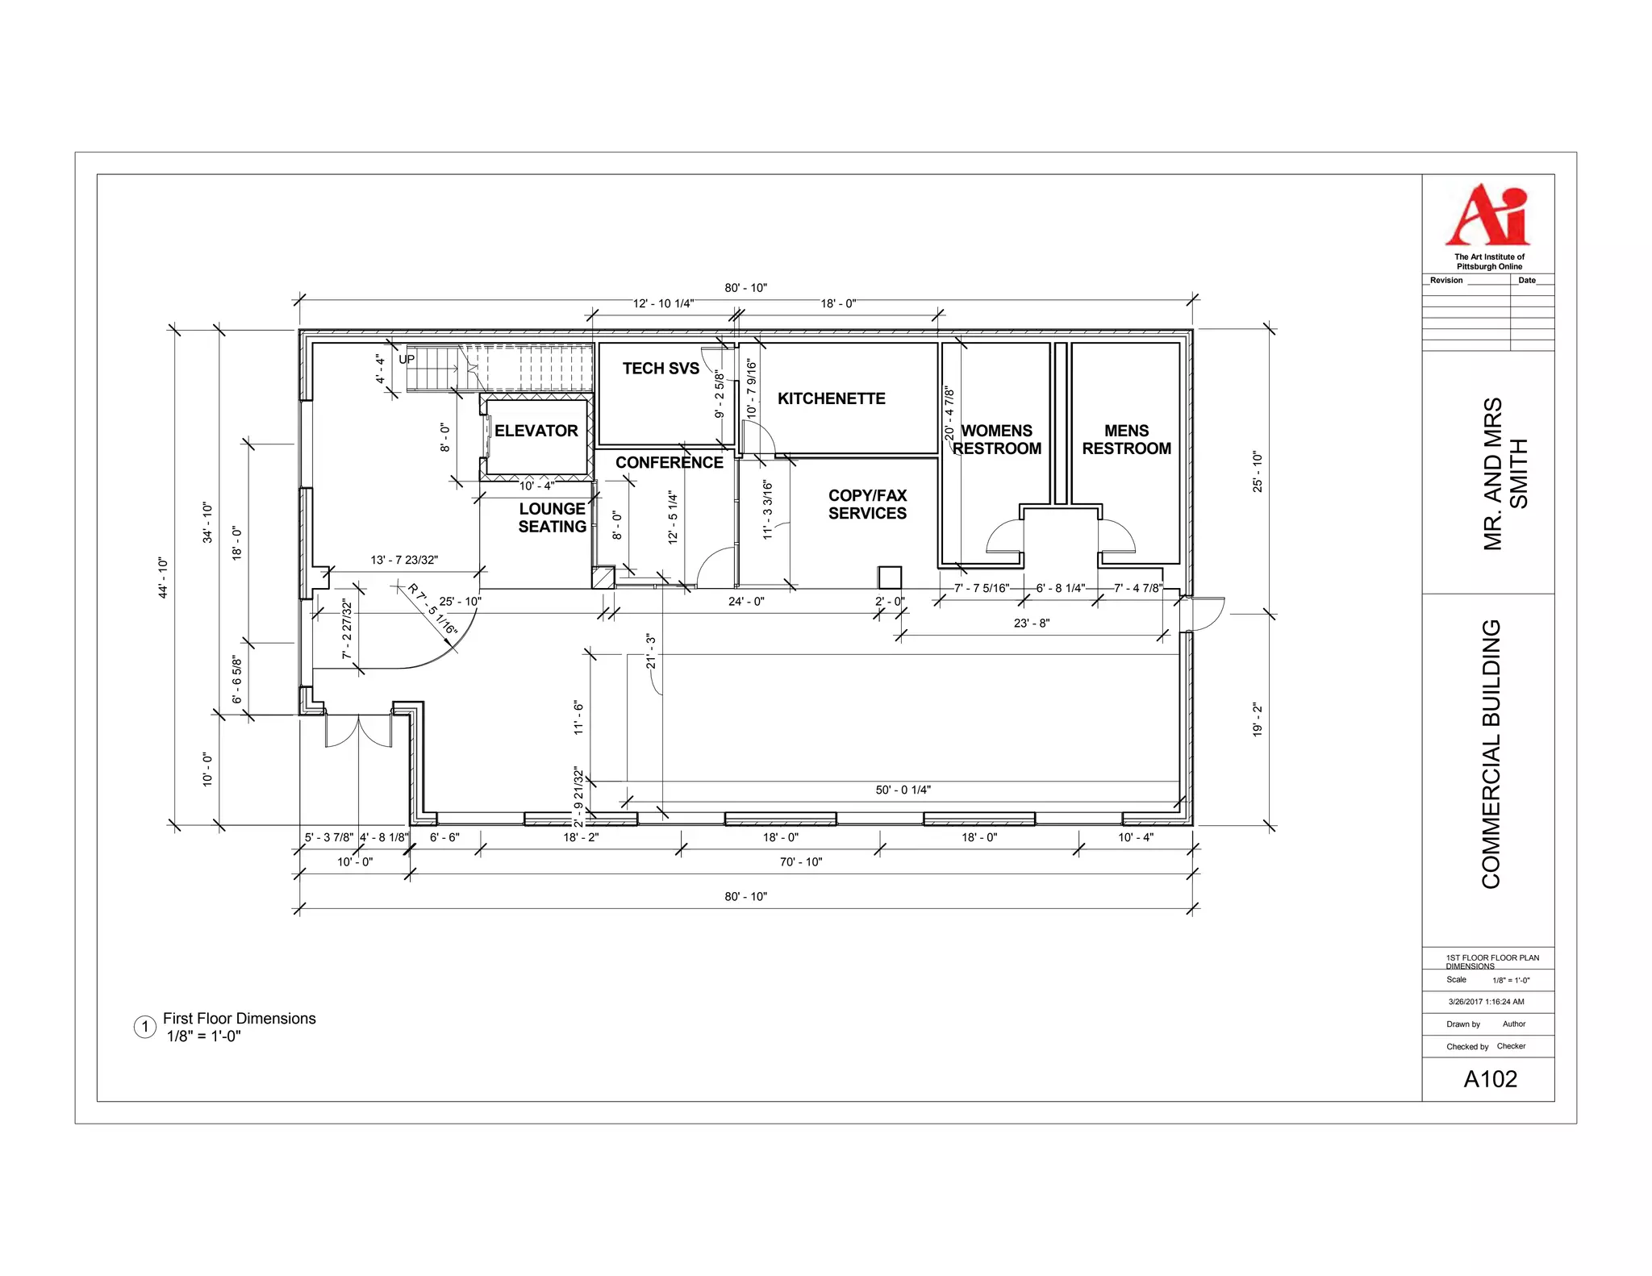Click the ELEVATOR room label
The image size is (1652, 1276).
point(536,431)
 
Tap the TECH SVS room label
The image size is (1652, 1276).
point(661,369)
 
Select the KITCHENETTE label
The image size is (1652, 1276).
point(831,398)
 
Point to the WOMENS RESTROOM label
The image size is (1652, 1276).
point(997,440)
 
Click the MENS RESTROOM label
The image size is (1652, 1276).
point(1126,440)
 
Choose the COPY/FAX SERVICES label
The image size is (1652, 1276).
point(867,504)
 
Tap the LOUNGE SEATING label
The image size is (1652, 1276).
point(552,518)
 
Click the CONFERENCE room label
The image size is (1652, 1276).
point(669,462)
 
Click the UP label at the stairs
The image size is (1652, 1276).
point(407,359)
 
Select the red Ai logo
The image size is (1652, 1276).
point(1487,215)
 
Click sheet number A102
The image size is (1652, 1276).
point(1490,1079)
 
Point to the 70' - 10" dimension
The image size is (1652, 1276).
point(800,862)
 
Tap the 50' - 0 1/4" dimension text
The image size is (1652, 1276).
point(903,790)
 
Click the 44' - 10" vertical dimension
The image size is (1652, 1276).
point(163,578)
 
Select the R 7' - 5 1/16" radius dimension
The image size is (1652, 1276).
point(432,609)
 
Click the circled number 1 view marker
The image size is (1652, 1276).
point(145,1027)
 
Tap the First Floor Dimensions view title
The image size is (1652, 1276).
point(239,1019)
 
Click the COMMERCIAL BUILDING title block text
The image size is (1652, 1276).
point(1491,754)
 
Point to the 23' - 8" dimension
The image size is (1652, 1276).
point(1031,623)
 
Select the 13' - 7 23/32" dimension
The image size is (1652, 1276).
point(404,560)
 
